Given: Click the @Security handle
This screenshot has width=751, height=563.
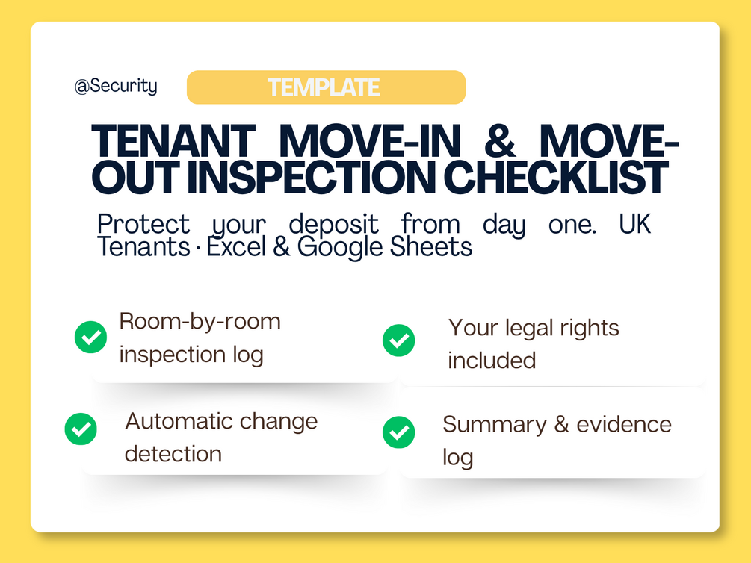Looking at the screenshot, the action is tap(116, 86).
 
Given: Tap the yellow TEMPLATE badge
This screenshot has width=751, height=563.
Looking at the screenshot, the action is tap(326, 87).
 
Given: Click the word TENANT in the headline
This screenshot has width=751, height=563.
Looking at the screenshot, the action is tap(173, 140).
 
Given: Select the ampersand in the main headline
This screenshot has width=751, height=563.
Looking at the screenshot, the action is tap(500, 140).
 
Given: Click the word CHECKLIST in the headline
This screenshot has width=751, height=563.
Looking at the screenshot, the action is tap(556, 177).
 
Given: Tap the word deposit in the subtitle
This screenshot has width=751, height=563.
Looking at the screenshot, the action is tap(334, 224).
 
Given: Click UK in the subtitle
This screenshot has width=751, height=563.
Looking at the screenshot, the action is tap(634, 223).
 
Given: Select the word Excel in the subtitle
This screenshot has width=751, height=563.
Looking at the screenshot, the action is tap(235, 247).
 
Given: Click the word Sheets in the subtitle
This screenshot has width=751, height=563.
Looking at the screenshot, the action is tap(431, 247).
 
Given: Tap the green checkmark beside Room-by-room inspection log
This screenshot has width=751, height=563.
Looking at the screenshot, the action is tap(90, 337).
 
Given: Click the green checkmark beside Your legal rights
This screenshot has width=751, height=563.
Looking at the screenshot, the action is tap(398, 340).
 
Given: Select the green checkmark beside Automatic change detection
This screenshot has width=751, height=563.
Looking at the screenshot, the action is tap(81, 429).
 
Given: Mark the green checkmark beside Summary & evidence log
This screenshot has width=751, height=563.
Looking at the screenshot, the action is tap(398, 432).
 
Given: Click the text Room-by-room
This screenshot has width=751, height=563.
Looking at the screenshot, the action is tap(200, 322).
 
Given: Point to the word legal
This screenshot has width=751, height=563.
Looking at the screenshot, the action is tap(532, 329).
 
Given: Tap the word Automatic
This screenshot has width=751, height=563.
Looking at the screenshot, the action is tap(179, 421).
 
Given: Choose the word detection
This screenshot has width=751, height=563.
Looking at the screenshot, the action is tap(173, 454).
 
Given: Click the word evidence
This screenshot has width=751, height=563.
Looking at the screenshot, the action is tap(624, 424).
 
